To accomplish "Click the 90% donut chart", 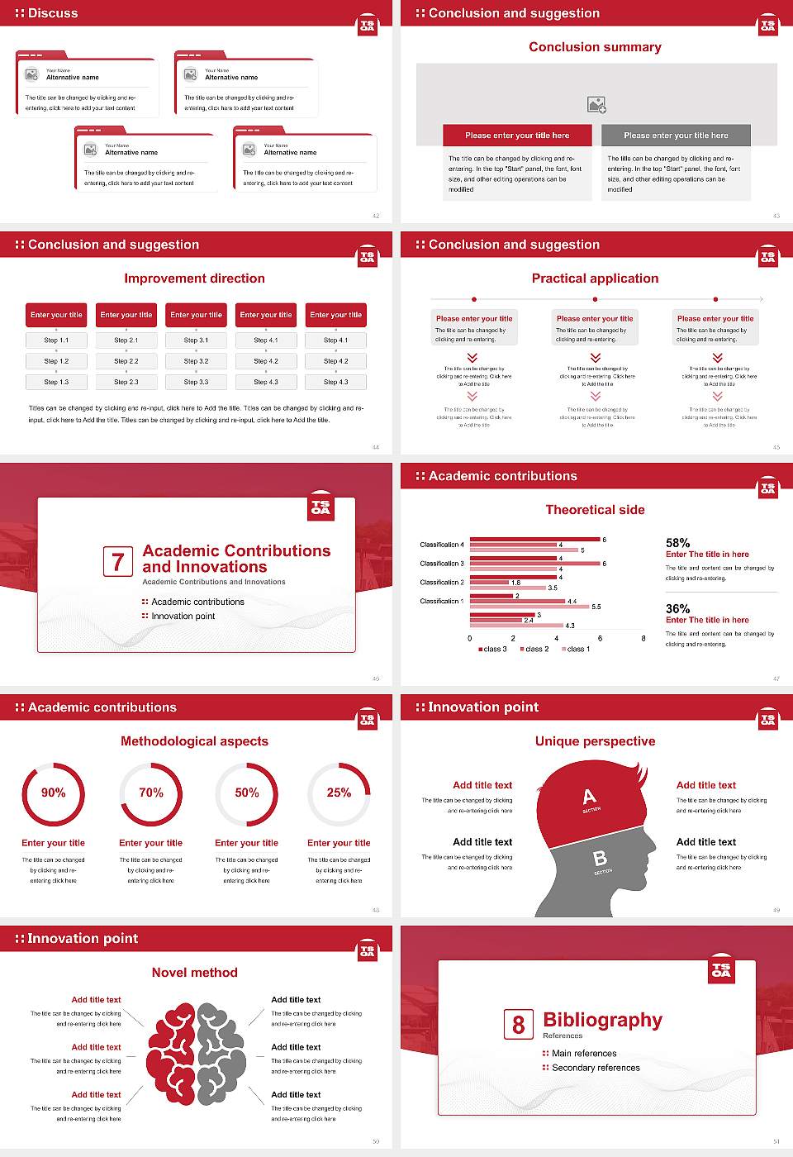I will pos(54,793).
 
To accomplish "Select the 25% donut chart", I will pos(339,793).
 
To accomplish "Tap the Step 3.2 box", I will pos(196,361).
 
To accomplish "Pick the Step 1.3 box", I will pos(56,382).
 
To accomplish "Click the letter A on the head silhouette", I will pos(589,798).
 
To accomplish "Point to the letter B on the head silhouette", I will pos(601,859).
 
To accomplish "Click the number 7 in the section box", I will pos(118,562).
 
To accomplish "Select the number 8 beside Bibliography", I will pos(518,1025).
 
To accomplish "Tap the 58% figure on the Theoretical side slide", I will pos(677,543).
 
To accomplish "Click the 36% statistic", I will pos(677,609).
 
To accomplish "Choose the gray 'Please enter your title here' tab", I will pos(676,136).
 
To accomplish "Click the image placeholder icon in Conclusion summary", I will pos(596,105).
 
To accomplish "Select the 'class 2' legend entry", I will pos(534,650).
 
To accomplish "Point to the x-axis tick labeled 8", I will pos(643,638).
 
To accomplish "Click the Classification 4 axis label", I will pos(442,545).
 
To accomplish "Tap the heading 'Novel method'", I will pos(195,973).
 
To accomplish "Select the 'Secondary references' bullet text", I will pos(596,1068).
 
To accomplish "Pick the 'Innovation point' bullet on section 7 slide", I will pos(183,616).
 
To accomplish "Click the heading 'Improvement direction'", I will pos(195,279).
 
